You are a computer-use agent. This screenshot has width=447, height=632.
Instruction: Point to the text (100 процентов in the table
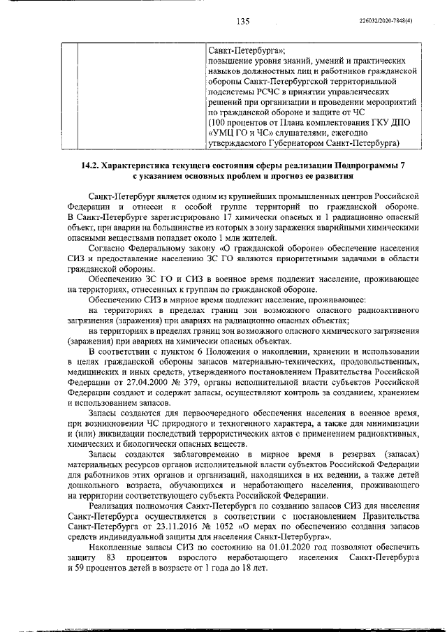click(x=239, y=122)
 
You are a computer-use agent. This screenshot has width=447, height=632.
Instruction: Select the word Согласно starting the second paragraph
click(x=107, y=248)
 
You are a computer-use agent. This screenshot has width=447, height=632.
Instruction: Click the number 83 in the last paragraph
click(x=110, y=561)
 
